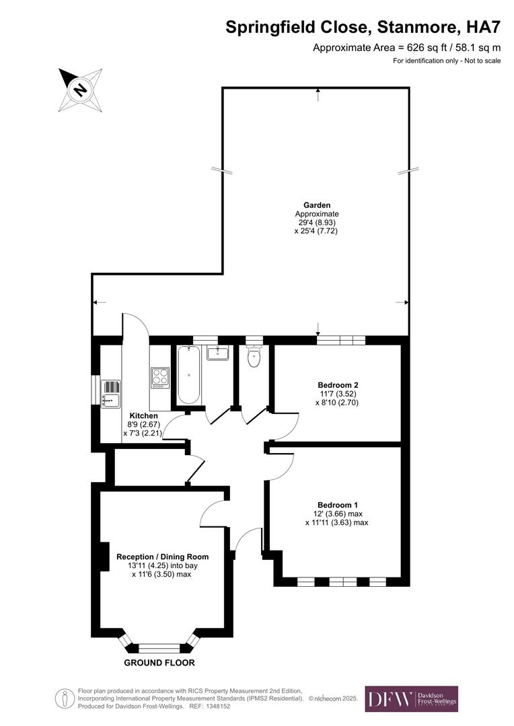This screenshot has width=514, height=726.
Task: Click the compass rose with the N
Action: coord(80,89)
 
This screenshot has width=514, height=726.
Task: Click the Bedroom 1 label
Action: coord(338,505)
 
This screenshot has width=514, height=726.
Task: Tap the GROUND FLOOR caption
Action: coord(159,663)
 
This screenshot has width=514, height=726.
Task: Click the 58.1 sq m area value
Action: coord(477,48)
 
